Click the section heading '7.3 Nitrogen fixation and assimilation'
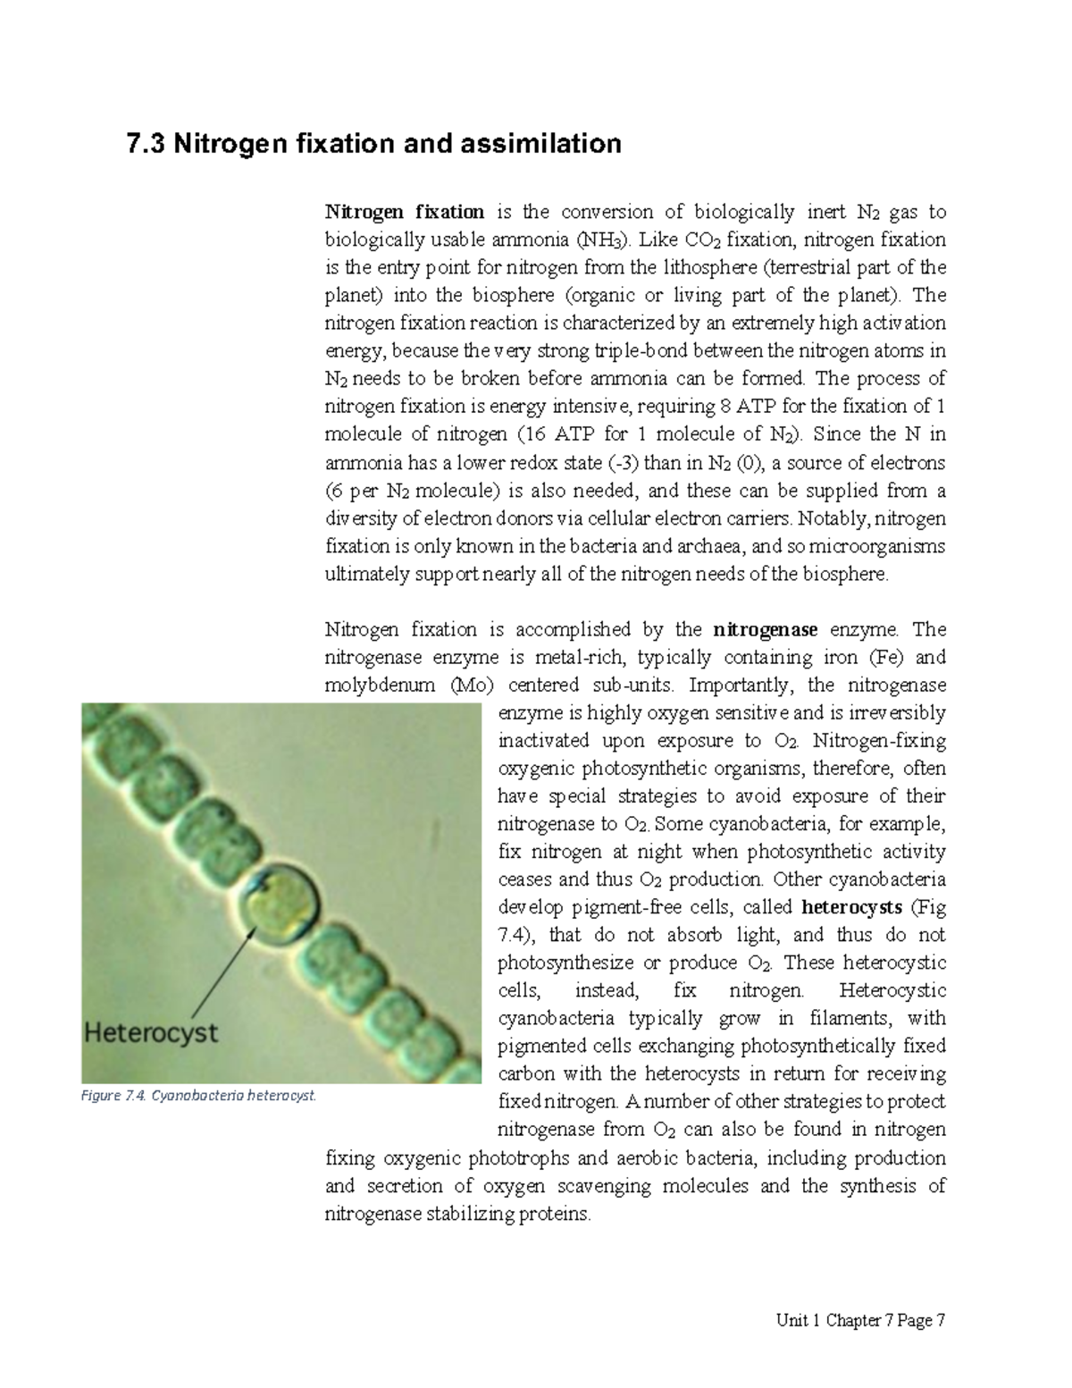point(374,144)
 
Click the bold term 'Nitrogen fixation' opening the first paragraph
point(404,212)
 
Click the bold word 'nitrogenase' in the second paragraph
point(766,630)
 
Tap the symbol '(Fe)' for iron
point(886,658)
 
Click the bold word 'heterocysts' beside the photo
point(851,907)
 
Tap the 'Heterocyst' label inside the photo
point(151,1033)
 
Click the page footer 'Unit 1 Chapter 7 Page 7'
point(860,1321)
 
